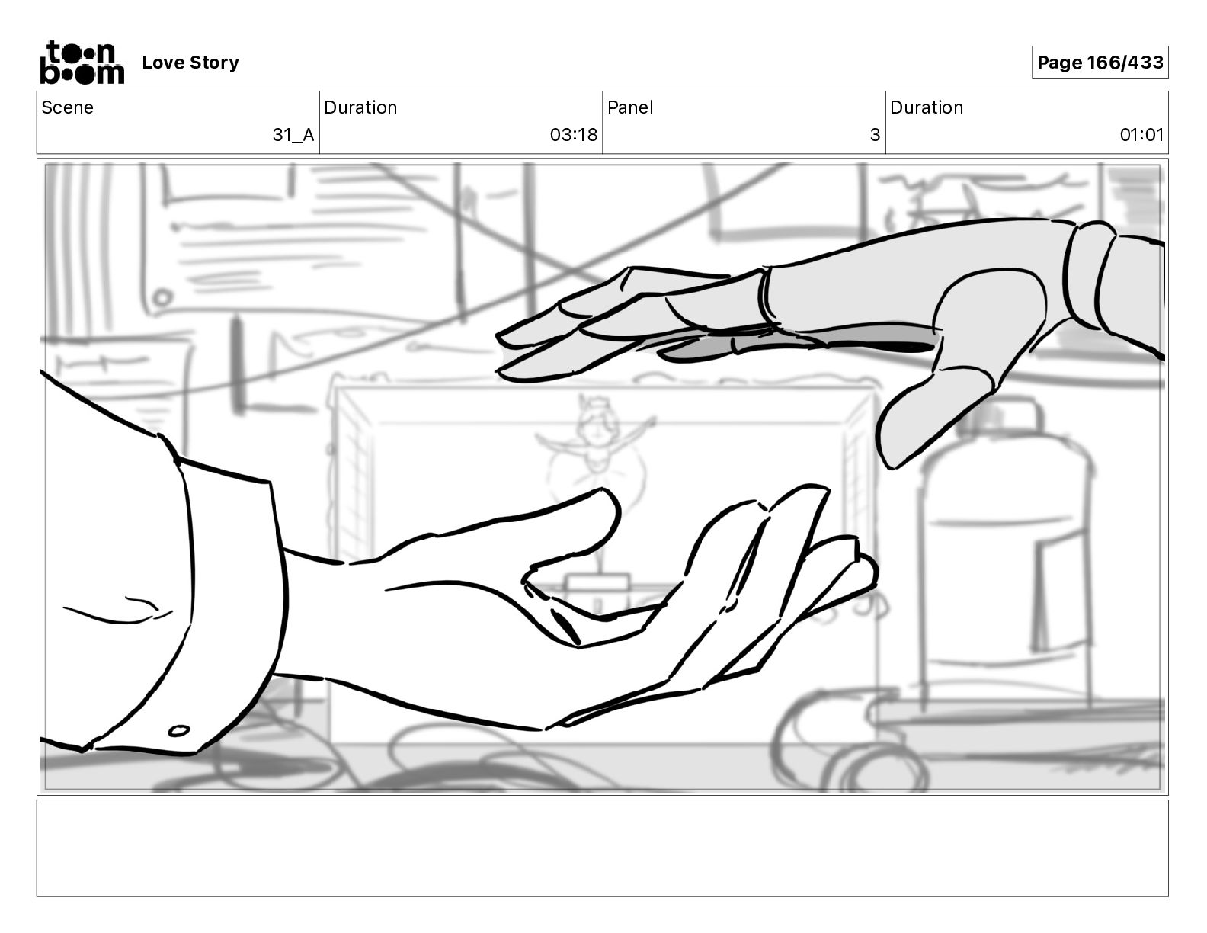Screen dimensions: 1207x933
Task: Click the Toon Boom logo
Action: (82, 62)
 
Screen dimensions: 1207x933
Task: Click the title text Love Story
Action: (190, 63)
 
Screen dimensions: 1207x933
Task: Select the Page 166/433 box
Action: (1100, 63)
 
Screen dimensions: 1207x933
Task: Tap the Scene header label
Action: (68, 107)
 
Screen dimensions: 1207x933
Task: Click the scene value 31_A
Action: (293, 135)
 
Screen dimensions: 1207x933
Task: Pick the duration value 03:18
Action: (573, 135)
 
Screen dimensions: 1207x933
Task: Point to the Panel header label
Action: (630, 107)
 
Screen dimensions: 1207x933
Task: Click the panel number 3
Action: (875, 135)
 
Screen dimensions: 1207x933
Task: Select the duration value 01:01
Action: (1141, 135)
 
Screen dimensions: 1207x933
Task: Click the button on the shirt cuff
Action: (179, 731)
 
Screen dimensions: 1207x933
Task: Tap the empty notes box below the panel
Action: (602, 848)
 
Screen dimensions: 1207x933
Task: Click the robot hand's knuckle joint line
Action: (764, 297)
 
